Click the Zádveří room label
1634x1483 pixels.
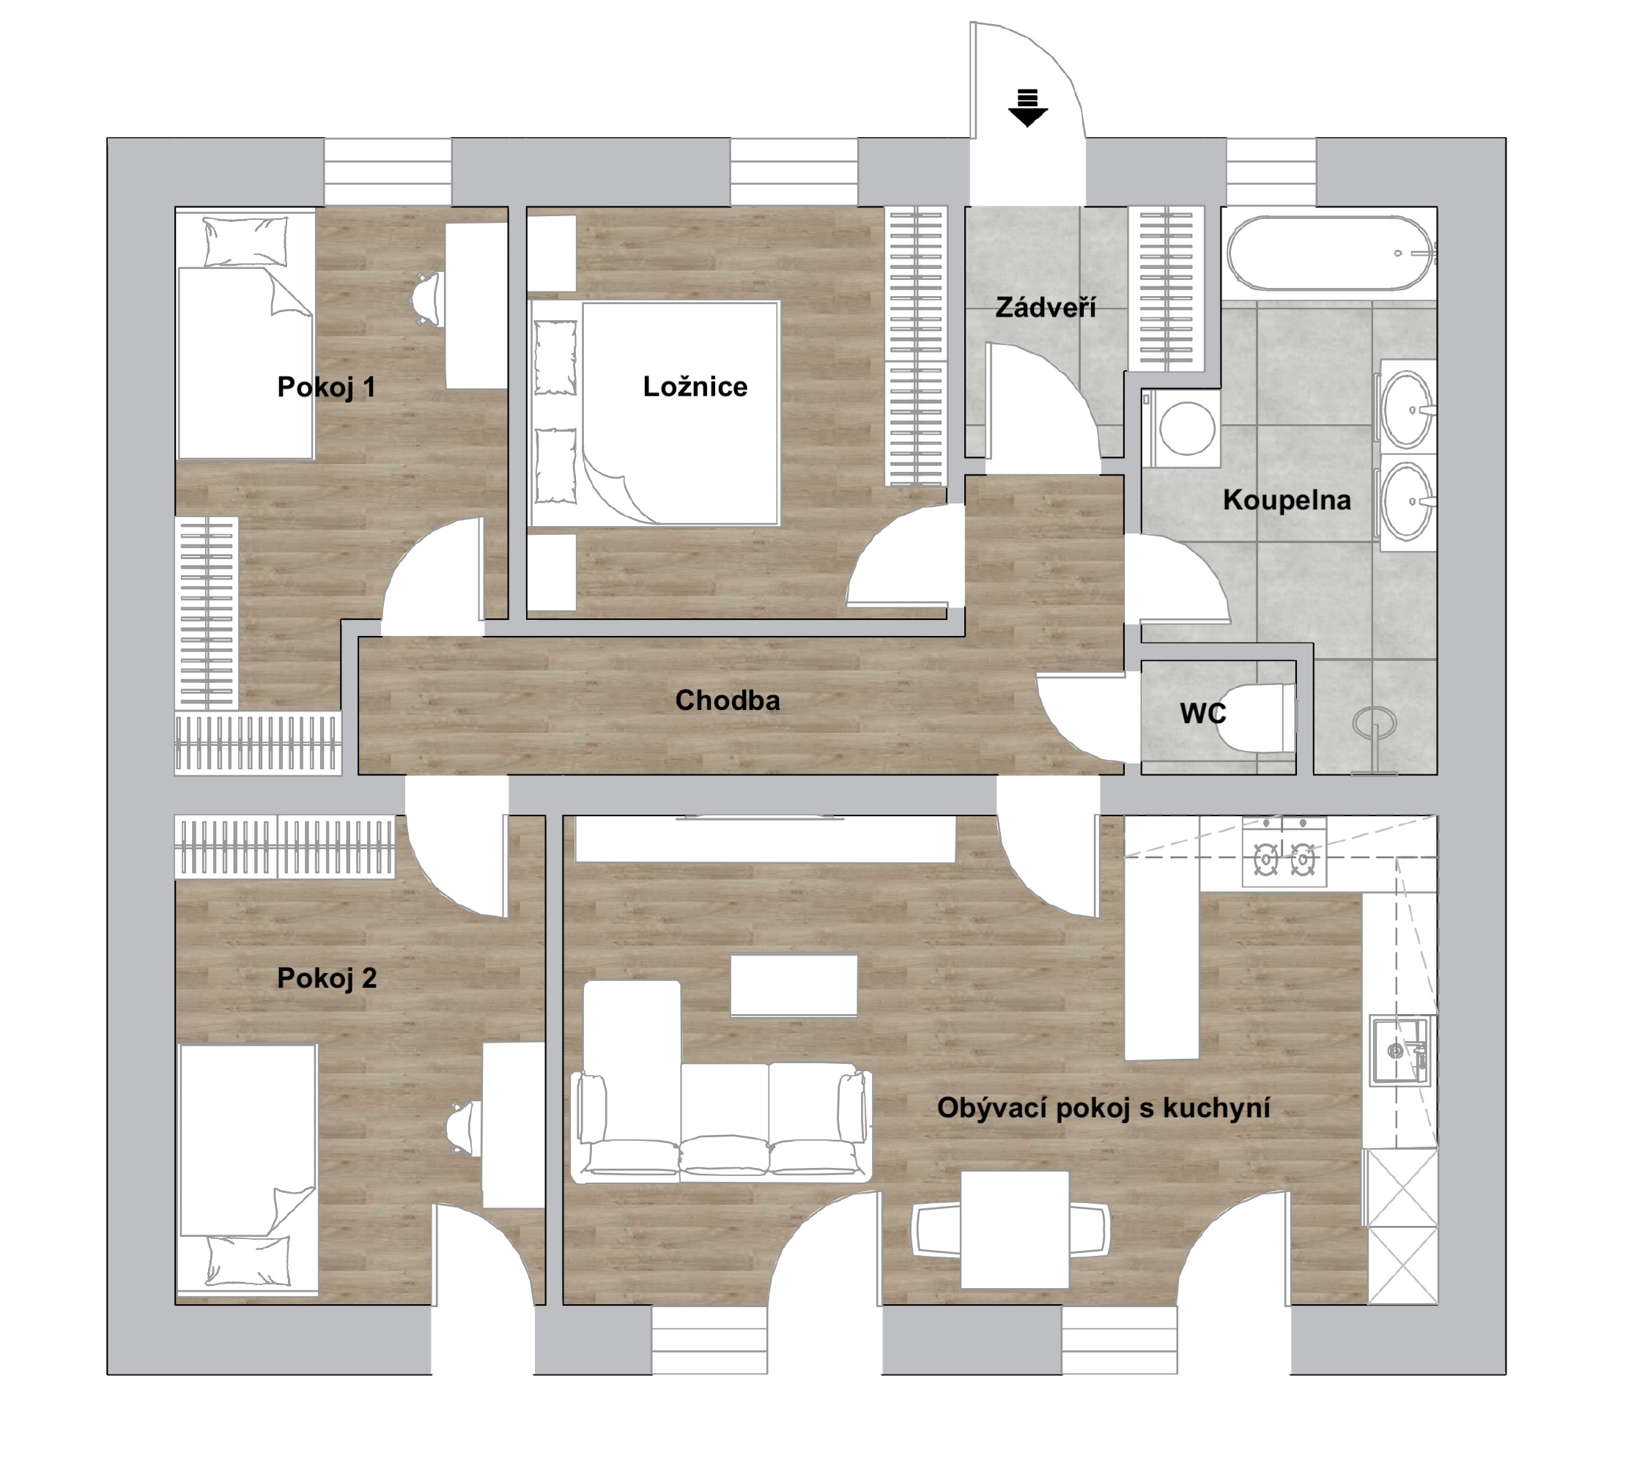coord(1046,307)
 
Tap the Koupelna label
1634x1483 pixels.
coord(1287,500)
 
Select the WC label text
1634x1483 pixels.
coord(1203,713)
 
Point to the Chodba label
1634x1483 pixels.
coord(727,700)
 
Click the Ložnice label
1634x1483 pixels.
coord(695,387)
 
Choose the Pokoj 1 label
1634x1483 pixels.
coord(327,387)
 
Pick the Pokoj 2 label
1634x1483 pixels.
coord(327,978)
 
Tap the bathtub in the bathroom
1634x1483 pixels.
coord(1330,253)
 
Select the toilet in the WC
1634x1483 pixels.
coord(1257,718)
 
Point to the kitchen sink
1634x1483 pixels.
coord(1400,1050)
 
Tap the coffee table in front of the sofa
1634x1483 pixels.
coord(794,985)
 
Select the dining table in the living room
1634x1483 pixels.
coord(1015,1229)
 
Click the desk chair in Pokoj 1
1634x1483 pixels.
coord(427,299)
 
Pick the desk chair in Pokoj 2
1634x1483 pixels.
coord(463,1127)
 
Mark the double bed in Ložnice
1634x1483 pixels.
coord(655,413)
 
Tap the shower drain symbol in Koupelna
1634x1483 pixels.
coord(1375,721)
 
